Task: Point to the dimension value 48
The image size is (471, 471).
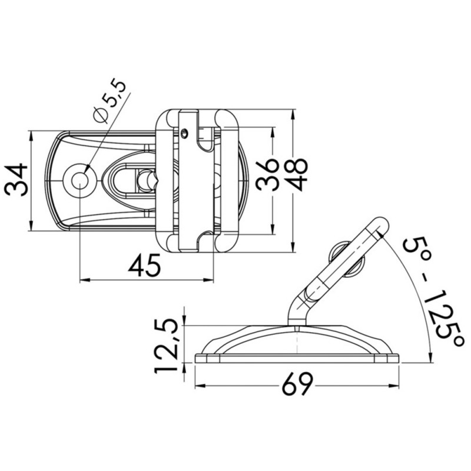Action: [298, 174]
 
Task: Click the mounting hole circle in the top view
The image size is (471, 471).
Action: [79, 180]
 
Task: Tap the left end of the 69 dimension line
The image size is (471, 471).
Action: [195, 386]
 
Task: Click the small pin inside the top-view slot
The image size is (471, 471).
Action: [144, 178]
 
